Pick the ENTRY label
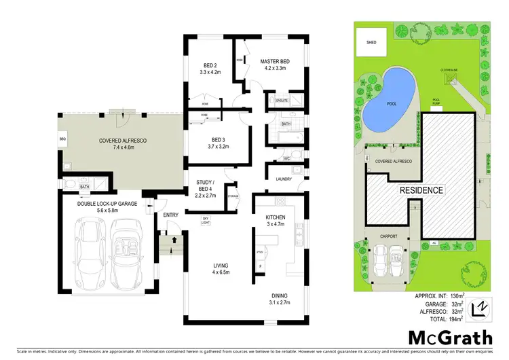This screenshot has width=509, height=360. click(x=170, y=215)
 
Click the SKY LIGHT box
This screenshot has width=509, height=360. click(x=205, y=219)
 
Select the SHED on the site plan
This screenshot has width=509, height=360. click(x=371, y=42)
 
